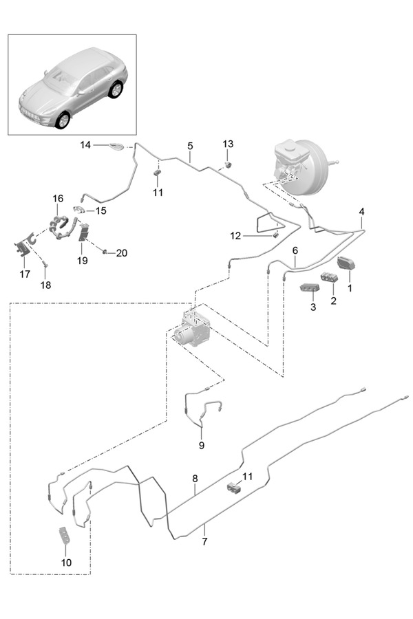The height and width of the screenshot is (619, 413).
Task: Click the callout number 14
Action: (x=85, y=145)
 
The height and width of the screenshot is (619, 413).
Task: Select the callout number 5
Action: (x=189, y=146)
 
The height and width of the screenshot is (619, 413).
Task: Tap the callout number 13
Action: (x=228, y=144)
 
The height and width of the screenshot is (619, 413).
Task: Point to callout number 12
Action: (x=236, y=235)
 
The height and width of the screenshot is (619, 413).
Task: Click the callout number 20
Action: (x=122, y=253)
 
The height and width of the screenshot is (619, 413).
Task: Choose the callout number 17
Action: (x=25, y=274)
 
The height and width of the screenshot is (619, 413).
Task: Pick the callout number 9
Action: (x=202, y=445)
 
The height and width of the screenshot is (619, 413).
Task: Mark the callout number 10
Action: (x=66, y=562)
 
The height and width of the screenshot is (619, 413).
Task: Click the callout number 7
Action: (x=204, y=542)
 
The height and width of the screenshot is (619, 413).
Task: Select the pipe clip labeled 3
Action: (x=307, y=287)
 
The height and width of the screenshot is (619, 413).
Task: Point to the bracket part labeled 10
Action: (x=65, y=536)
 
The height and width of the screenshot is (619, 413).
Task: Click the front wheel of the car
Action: (x=63, y=120)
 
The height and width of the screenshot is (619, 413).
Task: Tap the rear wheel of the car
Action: (x=116, y=89)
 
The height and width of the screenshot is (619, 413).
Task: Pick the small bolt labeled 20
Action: (x=105, y=252)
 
